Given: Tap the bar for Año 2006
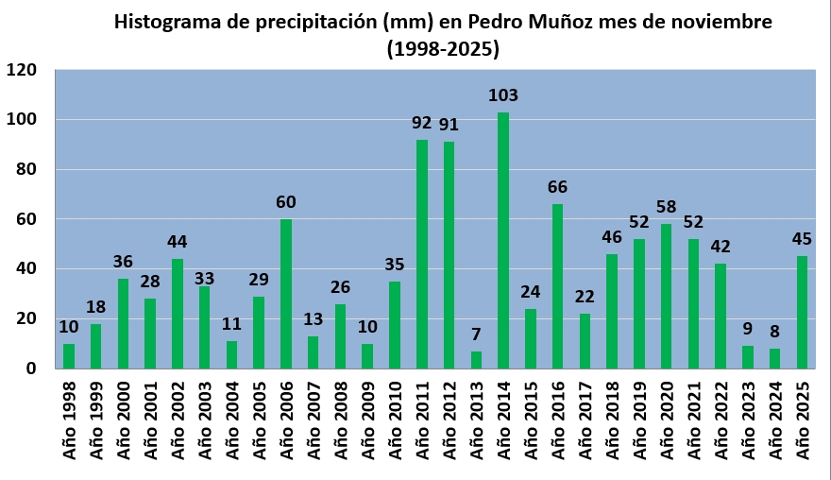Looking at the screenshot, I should pyautogui.click(x=286, y=293).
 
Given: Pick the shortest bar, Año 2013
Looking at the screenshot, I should pyautogui.click(x=476, y=360).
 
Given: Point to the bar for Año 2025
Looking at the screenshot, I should pyautogui.click(x=803, y=312).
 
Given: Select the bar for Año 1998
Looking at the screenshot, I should pyautogui.click(x=68, y=356).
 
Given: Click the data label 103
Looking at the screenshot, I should pyautogui.click(x=503, y=95).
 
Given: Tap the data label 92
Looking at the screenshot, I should pyautogui.click(x=422, y=123).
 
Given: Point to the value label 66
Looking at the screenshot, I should pyautogui.click(x=558, y=187).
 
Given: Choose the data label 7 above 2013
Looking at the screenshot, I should pyautogui.click(x=476, y=334).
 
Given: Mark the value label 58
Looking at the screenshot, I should pyautogui.click(x=667, y=207).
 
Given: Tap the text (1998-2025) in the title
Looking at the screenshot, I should pyautogui.click(x=443, y=48).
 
